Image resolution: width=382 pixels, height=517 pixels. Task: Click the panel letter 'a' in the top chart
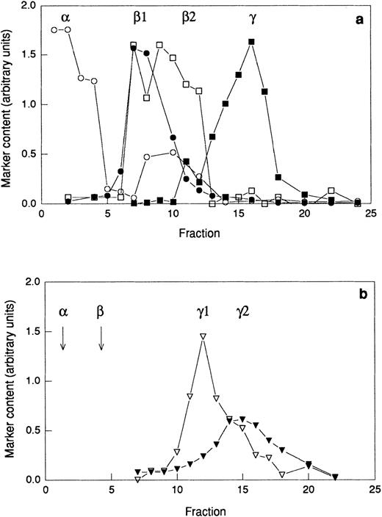[359, 21]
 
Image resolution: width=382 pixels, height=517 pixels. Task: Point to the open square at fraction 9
[159, 45]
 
